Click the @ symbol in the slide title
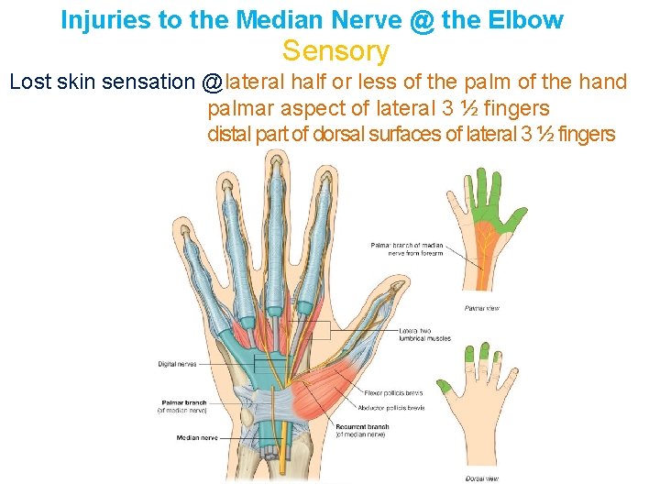click(423, 20)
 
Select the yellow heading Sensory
click(335, 52)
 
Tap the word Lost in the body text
click(32, 82)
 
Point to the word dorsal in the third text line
click(341, 135)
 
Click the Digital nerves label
click(176, 364)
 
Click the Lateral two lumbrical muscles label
click(424, 334)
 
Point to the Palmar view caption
click(481, 308)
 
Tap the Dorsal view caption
click(481, 478)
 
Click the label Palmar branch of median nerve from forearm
click(407, 248)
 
